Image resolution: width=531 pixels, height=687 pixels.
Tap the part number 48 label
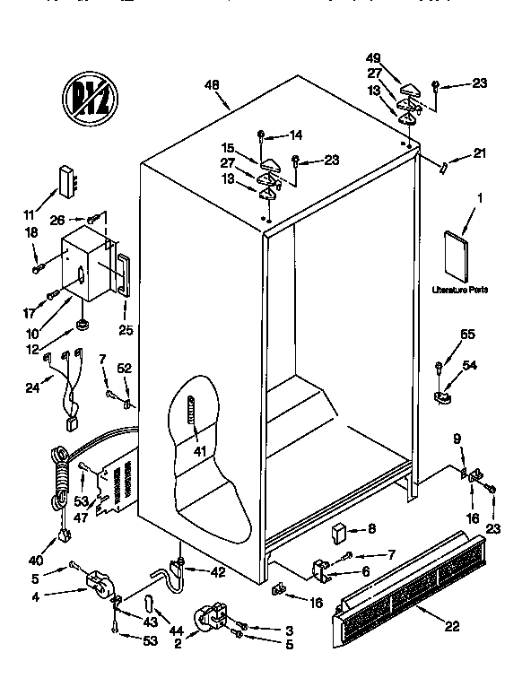[x=212, y=87]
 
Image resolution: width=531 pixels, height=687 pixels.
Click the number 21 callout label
[x=479, y=153]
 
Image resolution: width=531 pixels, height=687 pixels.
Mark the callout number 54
[x=469, y=365]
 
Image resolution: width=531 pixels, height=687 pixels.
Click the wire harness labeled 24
[x=65, y=381]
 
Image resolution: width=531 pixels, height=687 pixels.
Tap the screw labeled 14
[x=260, y=135]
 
